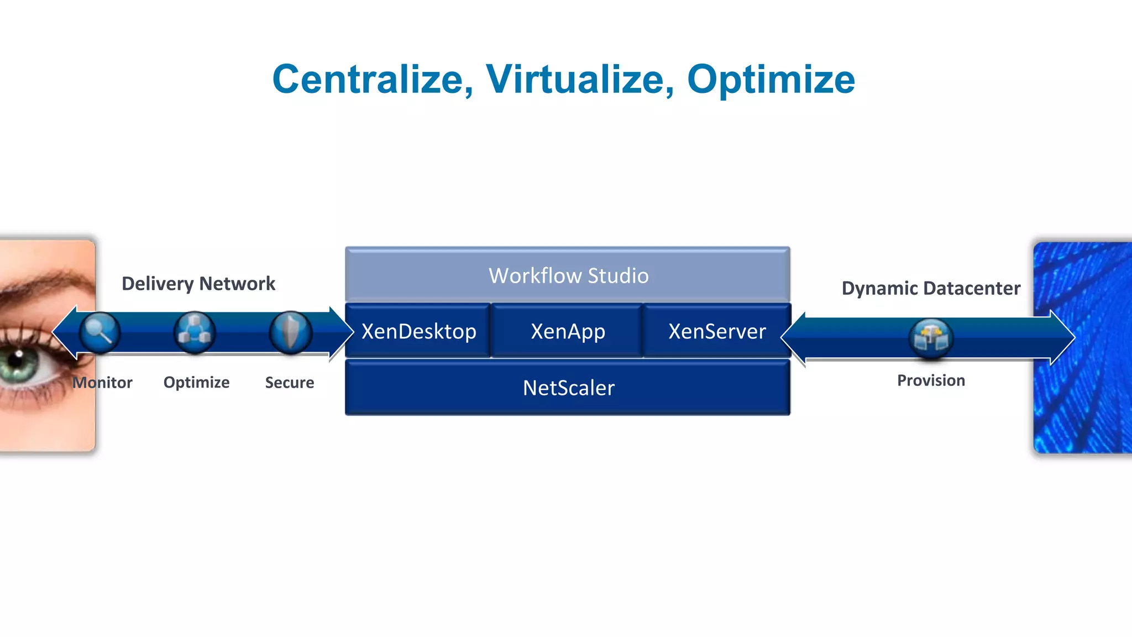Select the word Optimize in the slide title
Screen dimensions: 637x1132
771,79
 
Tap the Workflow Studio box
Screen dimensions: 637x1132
568,275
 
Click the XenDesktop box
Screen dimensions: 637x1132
418,331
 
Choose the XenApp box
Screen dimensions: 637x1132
568,331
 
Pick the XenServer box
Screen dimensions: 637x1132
717,331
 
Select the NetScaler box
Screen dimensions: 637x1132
568,388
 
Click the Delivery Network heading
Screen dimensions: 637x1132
198,283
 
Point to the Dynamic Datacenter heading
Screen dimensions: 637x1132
931,288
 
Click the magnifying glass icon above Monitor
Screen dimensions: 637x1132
99,332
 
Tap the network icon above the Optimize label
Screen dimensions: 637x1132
195,332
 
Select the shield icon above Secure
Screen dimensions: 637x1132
290,332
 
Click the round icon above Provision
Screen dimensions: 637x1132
931,338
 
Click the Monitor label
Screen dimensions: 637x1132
103,383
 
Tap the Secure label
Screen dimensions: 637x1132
289,383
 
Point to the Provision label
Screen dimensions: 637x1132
931,380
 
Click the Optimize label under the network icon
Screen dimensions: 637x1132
196,382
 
